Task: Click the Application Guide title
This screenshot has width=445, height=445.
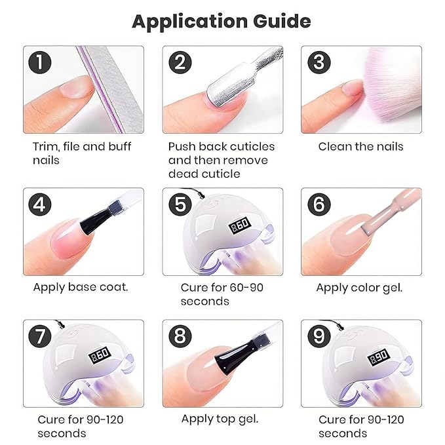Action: (222, 21)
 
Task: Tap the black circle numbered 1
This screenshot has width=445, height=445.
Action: (41, 63)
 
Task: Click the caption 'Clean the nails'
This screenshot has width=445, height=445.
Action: (360, 146)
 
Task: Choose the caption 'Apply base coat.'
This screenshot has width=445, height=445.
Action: (81, 287)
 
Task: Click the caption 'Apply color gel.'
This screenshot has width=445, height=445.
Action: (359, 287)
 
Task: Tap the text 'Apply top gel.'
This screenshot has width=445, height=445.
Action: (220, 419)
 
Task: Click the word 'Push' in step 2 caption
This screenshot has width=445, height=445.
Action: (182, 146)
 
